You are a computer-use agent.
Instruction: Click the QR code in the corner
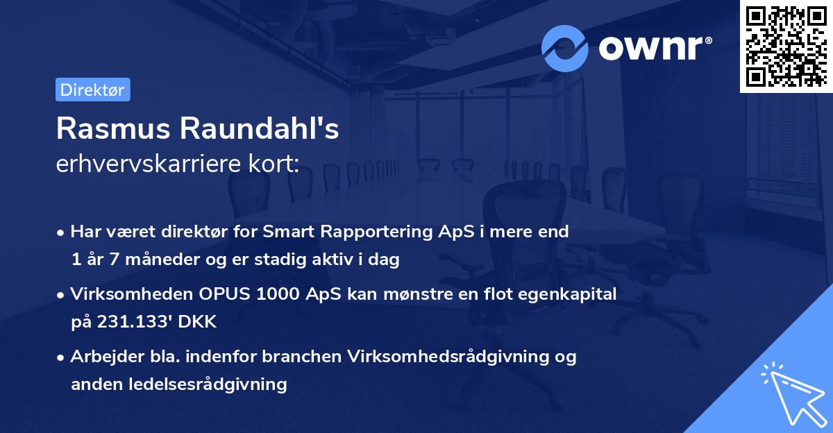(x=786, y=46)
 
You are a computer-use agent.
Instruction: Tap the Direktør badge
(x=92, y=90)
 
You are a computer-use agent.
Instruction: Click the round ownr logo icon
(x=565, y=48)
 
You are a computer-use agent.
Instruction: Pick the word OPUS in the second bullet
(x=225, y=294)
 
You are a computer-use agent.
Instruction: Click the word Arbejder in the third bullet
(x=102, y=357)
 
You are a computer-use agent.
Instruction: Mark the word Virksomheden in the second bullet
(x=129, y=294)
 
